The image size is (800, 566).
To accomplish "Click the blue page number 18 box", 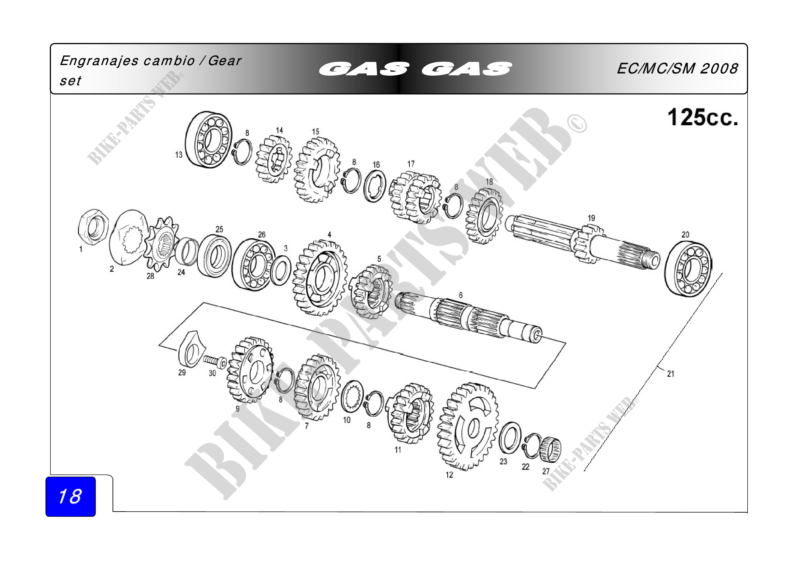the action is coord(70,496).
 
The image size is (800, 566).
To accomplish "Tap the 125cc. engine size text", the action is coord(703,117).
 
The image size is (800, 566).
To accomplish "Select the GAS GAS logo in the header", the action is coord(415,69).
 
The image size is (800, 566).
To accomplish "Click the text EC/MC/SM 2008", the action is coord(677,68).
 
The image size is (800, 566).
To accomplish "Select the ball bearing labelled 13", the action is coord(208,140).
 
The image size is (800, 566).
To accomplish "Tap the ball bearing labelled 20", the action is coord(688,269).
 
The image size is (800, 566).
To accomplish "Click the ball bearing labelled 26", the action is coord(254,265).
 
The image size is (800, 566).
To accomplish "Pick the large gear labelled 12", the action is coord(468,427).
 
